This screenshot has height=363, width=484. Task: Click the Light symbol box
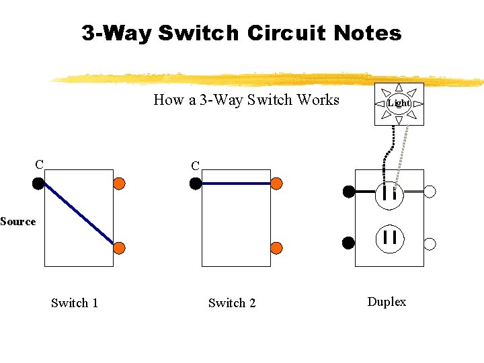coord(399,103)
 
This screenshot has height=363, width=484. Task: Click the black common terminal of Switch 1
coord(38,182)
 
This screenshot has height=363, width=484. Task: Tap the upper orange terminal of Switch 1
coord(119,183)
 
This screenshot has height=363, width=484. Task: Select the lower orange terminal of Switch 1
coord(119,247)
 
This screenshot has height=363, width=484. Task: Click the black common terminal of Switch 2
coord(195,183)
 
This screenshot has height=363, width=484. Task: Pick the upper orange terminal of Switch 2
coord(276,183)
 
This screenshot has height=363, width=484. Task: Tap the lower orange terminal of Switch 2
coord(276,247)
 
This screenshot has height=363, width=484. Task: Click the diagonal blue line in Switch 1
coord(79,215)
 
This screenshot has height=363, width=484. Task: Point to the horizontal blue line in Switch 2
coord(235,183)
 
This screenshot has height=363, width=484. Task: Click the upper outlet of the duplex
coord(389,194)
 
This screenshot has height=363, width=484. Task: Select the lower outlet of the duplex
coord(389,237)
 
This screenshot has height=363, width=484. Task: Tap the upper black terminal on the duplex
coord(348,192)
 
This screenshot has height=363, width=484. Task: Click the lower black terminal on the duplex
coord(348,243)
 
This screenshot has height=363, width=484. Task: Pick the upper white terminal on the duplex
coord(430,192)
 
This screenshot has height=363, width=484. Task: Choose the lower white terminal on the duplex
coord(430,243)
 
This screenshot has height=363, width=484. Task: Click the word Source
coord(18,221)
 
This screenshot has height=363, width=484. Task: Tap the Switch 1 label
coord(75,303)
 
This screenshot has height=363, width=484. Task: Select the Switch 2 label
coord(232,303)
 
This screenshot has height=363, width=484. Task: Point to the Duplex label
coord(387,302)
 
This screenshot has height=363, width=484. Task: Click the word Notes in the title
coord(367,33)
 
